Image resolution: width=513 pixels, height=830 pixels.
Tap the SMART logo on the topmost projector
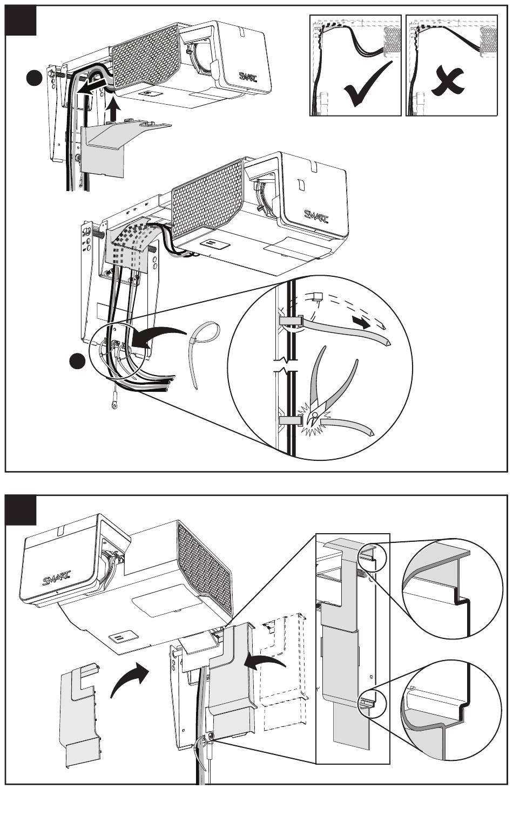249,77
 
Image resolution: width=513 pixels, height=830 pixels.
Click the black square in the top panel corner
21,21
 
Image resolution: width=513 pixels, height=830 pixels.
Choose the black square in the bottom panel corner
21,510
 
